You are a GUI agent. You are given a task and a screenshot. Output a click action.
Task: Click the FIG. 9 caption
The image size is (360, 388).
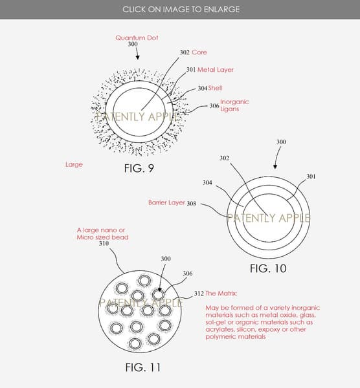pyautogui.click(x=139, y=169)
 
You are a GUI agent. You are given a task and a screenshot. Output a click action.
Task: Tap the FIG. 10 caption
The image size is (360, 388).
pyautogui.click(x=268, y=268)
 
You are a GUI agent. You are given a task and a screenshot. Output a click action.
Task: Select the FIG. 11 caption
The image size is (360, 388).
pyautogui.click(x=142, y=367)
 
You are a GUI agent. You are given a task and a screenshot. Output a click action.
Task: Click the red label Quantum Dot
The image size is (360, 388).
pyautogui.click(x=137, y=38)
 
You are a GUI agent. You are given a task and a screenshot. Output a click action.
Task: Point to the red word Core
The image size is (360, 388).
pyautogui.click(x=199, y=52)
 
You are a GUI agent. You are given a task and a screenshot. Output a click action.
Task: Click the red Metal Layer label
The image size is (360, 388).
pyautogui.click(x=216, y=70)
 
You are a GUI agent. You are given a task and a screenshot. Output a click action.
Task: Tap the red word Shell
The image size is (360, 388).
pyautogui.click(x=215, y=88)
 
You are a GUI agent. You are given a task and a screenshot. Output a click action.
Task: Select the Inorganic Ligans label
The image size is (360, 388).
pyautogui.click(x=234, y=105)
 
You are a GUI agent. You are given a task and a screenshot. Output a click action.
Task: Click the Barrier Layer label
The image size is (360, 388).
pyautogui.click(x=166, y=202)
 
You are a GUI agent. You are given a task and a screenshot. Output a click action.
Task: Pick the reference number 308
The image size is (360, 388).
pyautogui.click(x=192, y=204)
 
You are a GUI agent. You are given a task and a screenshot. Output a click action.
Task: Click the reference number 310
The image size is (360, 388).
pyautogui.click(x=104, y=244)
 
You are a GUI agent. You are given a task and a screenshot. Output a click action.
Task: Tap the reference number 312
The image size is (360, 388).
pyautogui.click(x=199, y=294)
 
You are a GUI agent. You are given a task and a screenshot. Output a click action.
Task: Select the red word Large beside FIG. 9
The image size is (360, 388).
pyautogui.click(x=74, y=165)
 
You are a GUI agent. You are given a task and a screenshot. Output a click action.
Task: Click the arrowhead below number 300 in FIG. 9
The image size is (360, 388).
pyautogui.click(x=137, y=58)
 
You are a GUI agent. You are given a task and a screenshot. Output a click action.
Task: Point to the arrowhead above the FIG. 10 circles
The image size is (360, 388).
pyautogui.click(x=275, y=167)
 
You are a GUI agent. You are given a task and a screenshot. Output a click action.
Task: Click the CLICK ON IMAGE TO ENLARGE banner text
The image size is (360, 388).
pyautogui.click(x=181, y=10)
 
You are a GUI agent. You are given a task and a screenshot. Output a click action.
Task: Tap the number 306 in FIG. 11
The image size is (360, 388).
pyautogui.click(x=188, y=274)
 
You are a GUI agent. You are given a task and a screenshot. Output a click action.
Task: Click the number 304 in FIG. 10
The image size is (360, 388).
pyautogui.click(x=207, y=182)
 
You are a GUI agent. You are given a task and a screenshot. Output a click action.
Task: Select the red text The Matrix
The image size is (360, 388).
pyautogui.click(x=221, y=294)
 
